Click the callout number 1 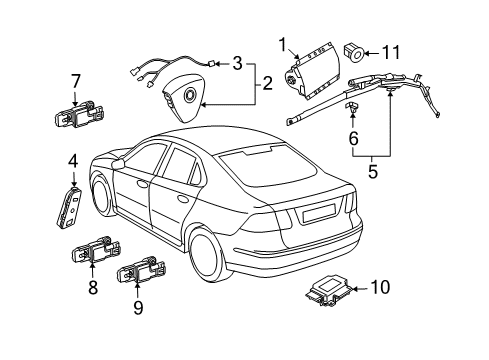(283, 44)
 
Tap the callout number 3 (237, 65)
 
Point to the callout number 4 (73, 160)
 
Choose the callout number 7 (76, 82)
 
